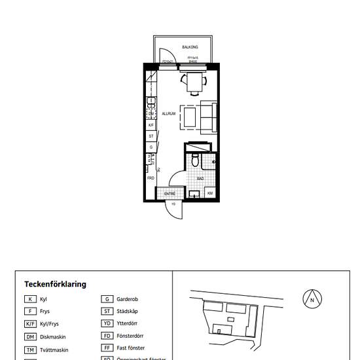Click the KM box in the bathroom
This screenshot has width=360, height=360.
point(210,193)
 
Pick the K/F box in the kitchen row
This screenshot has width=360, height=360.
point(151,125)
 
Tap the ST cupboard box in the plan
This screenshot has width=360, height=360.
point(151,136)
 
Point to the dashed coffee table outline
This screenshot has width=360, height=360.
point(190,117)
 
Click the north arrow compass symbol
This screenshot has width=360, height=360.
point(312,300)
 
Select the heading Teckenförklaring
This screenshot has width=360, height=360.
point(55,284)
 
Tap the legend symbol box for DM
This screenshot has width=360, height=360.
point(30,336)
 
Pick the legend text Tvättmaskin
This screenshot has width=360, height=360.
point(56,350)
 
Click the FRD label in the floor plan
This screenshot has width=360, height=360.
point(150,178)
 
